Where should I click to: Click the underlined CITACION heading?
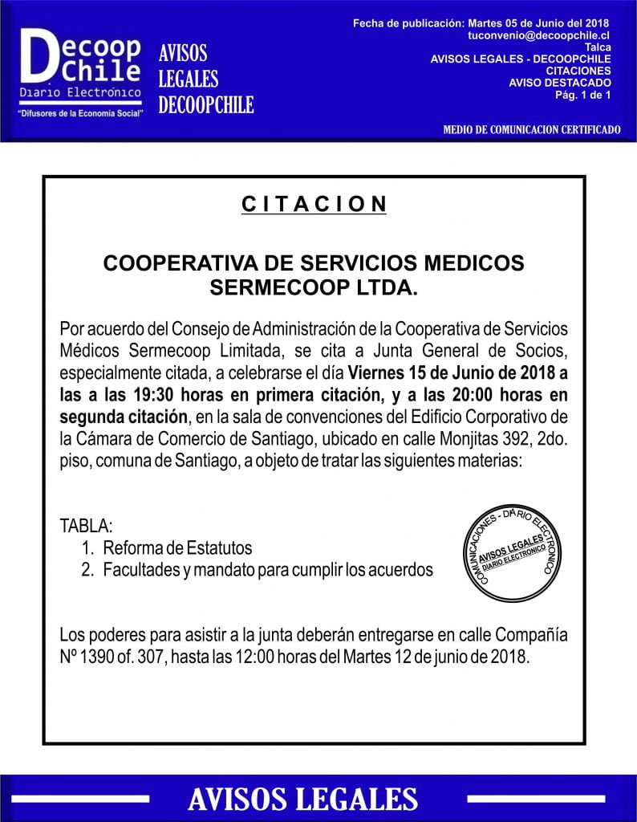click(314, 204)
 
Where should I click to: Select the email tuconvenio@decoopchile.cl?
click(540, 36)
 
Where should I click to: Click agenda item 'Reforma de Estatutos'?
click(176, 548)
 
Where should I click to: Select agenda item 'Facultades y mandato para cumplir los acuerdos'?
click(268, 570)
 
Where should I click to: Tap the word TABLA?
click(87, 527)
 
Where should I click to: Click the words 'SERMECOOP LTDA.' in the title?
click(314, 288)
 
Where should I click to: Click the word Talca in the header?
click(598, 47)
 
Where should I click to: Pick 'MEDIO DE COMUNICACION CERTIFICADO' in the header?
click(532, 129)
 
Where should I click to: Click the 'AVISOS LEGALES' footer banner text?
click(302, 799)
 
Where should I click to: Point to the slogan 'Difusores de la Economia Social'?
click(79, 114)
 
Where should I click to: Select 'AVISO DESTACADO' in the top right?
click(560, 82)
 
